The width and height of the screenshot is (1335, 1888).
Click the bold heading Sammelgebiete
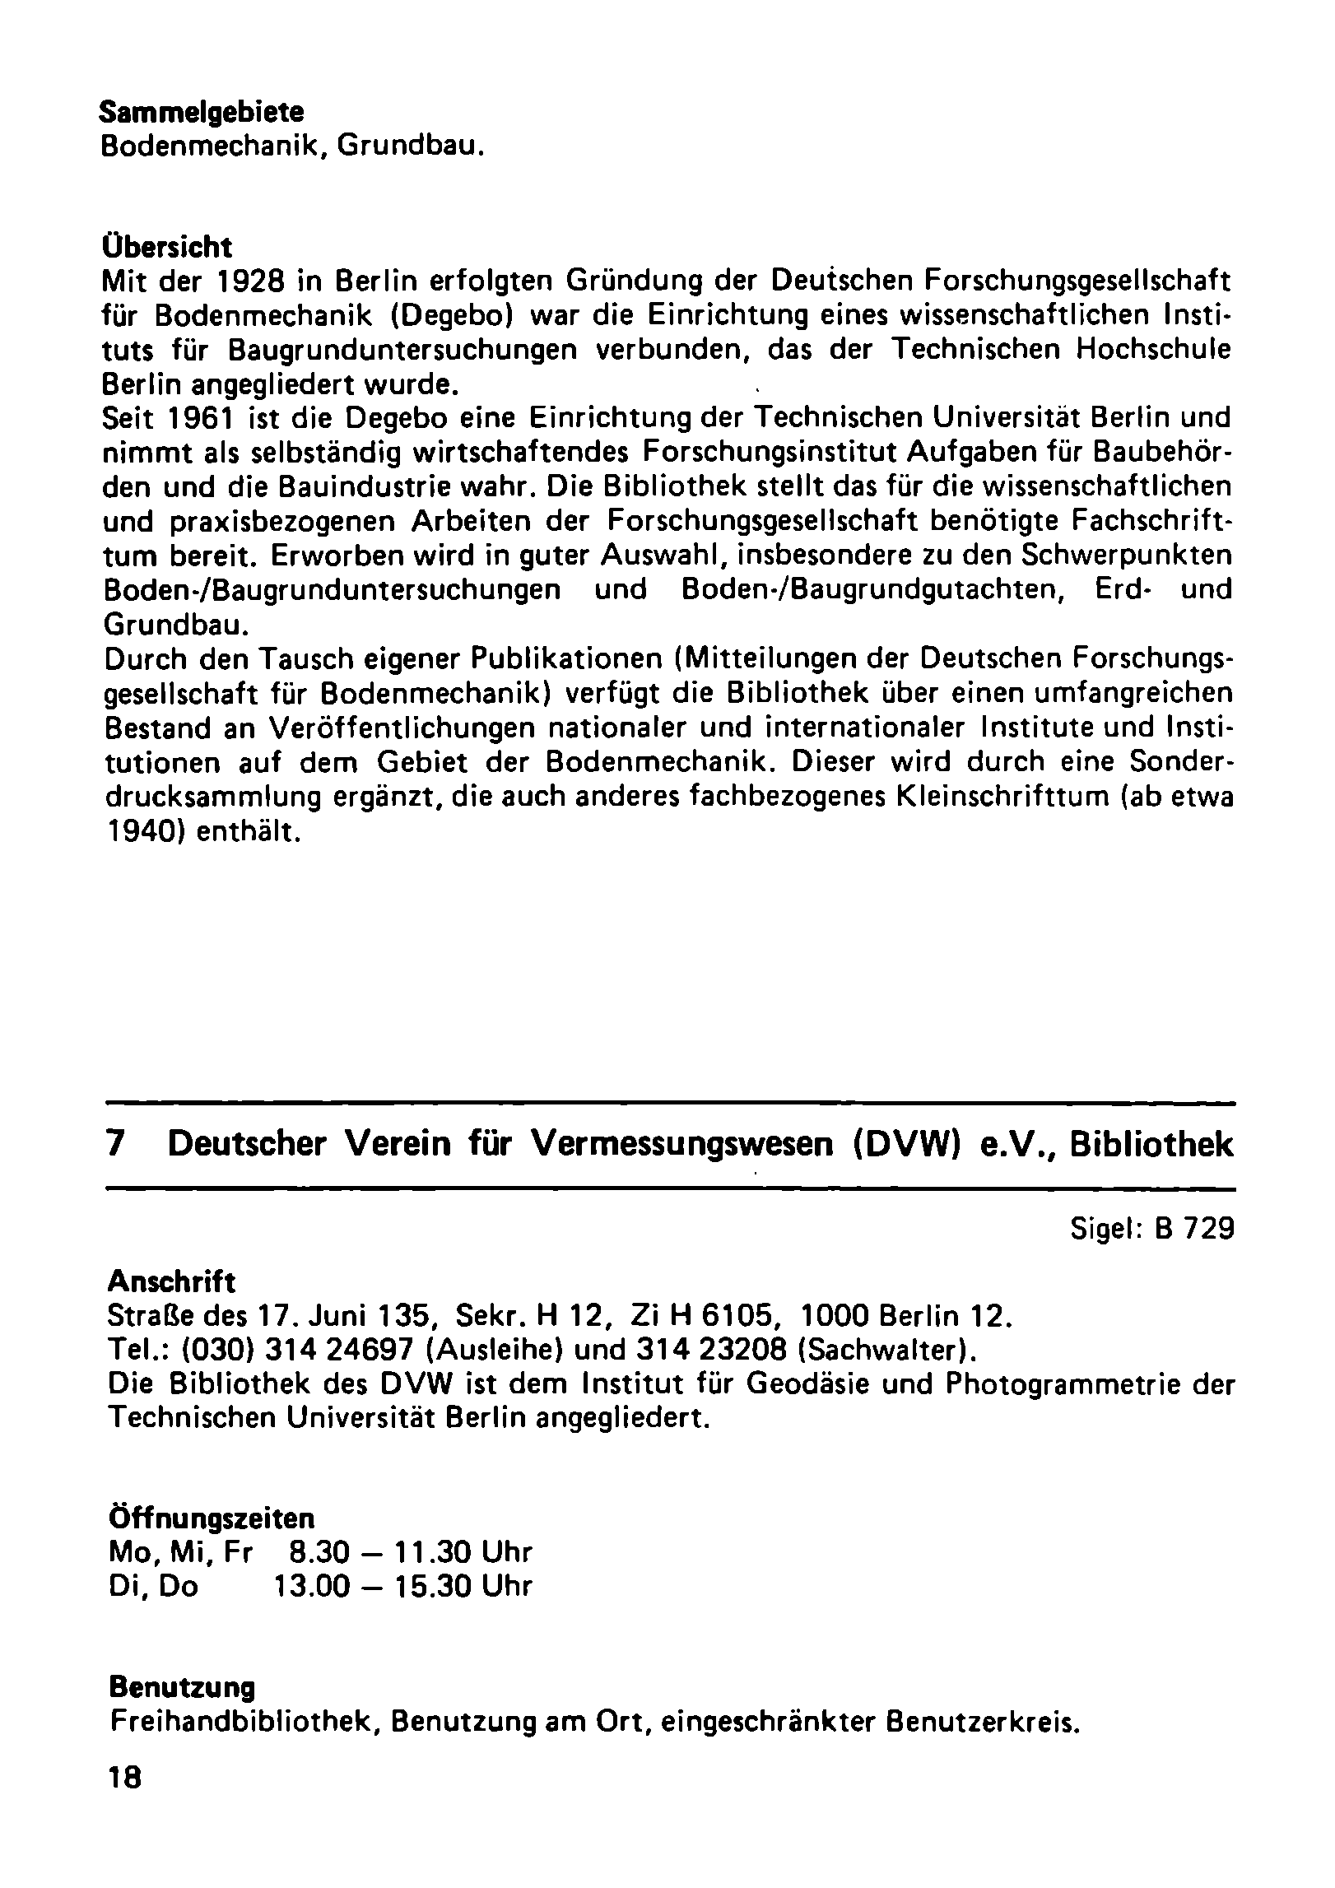click(x=202, y=112)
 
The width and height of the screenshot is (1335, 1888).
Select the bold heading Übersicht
click(x=166, y=247)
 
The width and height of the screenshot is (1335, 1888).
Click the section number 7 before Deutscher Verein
click(x=117, y=1146)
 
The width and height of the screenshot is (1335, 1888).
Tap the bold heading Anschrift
click(x=171, y=1281)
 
